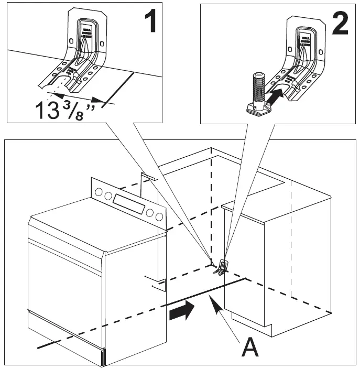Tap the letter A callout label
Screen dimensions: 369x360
coord(249,347)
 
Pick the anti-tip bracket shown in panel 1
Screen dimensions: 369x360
coord(84,58)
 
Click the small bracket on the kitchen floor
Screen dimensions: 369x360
coord(222,267)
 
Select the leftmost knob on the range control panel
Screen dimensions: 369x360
coord(100,193)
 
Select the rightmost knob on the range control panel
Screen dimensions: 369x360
coord(157,215)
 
